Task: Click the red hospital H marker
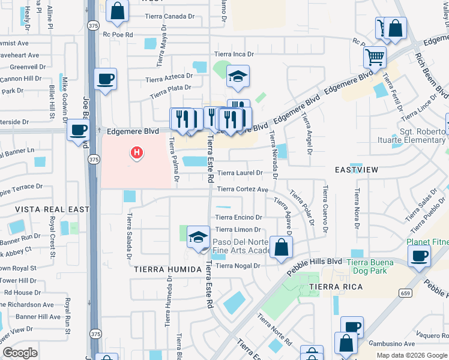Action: coord(137,153)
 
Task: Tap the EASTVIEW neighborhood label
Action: coord(357,170)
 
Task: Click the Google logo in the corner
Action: coord(20,353)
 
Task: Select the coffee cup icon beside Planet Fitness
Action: coord(419,256)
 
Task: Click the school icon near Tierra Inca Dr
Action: coord(238,76)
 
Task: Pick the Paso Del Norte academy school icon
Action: coord(198,236)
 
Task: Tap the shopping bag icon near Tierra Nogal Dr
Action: coord(281,247)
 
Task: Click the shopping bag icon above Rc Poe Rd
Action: coord(118,10)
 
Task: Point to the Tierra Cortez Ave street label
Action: coord(242,189)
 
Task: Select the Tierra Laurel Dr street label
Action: coord(240,173)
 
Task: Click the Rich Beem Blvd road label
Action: coord(432,75)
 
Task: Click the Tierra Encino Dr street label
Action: coord(238,217)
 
